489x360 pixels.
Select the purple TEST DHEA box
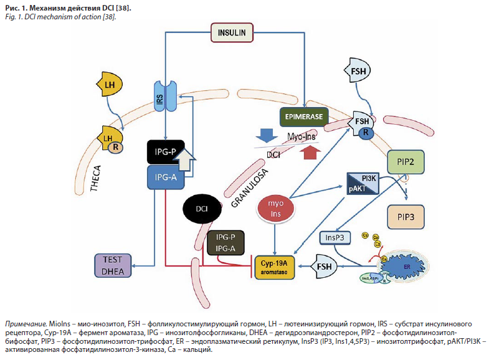(112, 265)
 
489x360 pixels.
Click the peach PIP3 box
(406, 218)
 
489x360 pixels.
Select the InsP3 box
(333, 237)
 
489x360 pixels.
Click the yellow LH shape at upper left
(110, 83)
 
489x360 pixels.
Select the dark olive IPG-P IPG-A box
(226, 244)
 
